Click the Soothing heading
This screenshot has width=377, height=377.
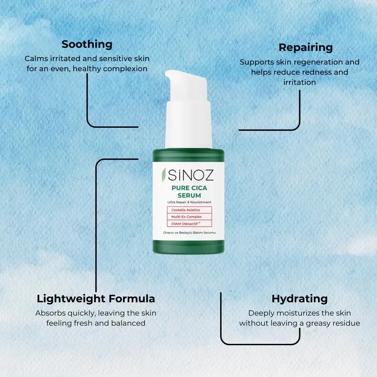(87, 44)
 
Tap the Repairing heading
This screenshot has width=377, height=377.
(306, 48)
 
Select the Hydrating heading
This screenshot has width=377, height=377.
(300, 299)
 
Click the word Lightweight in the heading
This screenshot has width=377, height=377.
(71, 299)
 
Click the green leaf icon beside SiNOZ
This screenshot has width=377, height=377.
(164, 175)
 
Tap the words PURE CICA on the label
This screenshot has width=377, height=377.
(189, 188)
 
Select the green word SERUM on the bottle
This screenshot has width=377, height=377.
(189, 196)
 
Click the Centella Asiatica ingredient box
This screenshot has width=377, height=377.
(189, 210)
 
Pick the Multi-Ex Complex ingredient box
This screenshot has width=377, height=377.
(189, 217)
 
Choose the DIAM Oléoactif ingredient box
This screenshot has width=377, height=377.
(189, 224)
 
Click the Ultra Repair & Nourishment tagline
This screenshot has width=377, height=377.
(189, 202)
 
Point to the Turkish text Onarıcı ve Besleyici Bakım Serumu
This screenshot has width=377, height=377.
(189, 233)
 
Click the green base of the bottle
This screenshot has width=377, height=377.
(188, 247)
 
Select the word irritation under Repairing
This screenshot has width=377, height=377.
(300, 83)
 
